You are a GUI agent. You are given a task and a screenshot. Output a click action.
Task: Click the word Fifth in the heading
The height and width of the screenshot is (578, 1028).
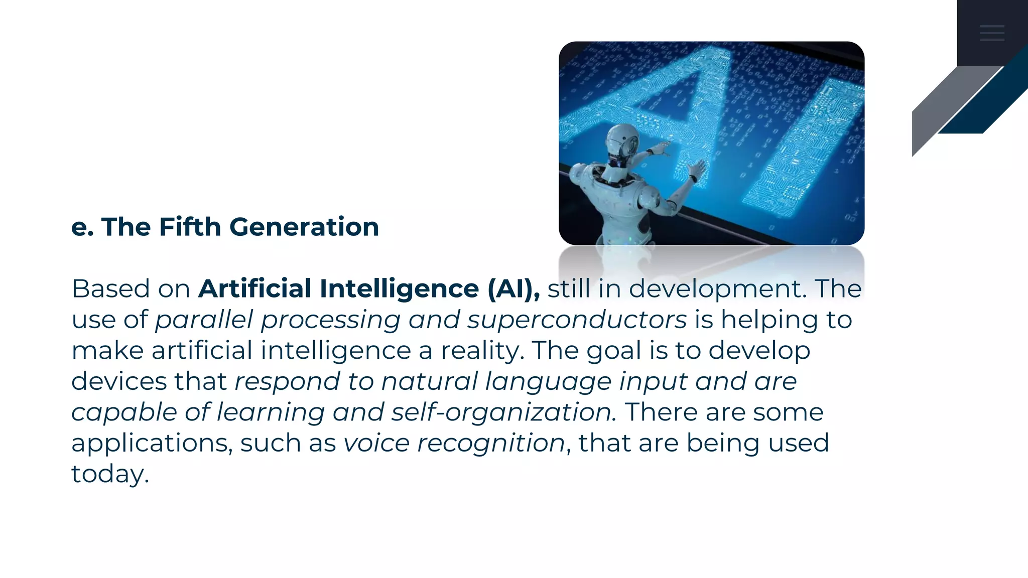pyautogui.click(x=190, y=227)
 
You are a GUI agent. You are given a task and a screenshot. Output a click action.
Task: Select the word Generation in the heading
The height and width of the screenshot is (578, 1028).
pyautogui.click(x=304, y=227)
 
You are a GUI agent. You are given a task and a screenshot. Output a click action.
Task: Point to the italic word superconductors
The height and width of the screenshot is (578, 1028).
pyautogui.click(x=577, y=320)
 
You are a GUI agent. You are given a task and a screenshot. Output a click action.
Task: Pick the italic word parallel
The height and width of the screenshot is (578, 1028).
pyautogui.click(x=204, y=320)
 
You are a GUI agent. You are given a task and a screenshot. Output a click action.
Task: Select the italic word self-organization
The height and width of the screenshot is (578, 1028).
pyautogui.click(x=502, y=412)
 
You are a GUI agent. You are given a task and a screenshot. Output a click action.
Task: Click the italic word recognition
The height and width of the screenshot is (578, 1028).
pyautogui.click(x=491, y=444)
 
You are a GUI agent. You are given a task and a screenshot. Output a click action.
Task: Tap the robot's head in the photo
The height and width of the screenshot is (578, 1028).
pyautogui.click(x=622, y=143)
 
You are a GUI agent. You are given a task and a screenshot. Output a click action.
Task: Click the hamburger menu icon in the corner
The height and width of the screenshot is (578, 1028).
pyautogui.click(x=992, y=33)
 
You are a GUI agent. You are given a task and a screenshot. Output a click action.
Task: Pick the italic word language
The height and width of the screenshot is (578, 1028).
pyautogui.click(x=548, y=382)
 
